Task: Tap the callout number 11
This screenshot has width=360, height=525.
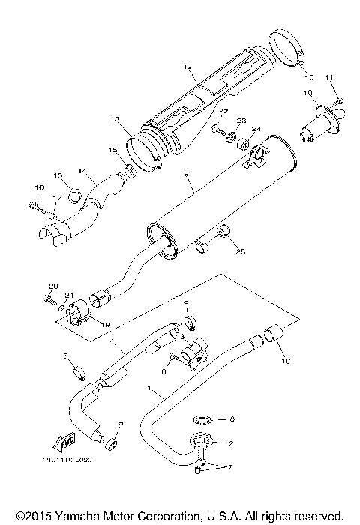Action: tap(329, 78)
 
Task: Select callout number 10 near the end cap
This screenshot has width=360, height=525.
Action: tap(307, 92)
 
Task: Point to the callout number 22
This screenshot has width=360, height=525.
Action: tap(223, 112)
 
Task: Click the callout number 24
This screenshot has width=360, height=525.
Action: tap(256, 128)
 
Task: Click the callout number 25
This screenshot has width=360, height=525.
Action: tap(240, 250)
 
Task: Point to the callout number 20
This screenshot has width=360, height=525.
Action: tap(52, 286)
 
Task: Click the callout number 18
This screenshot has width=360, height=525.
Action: tap(284, 361)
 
